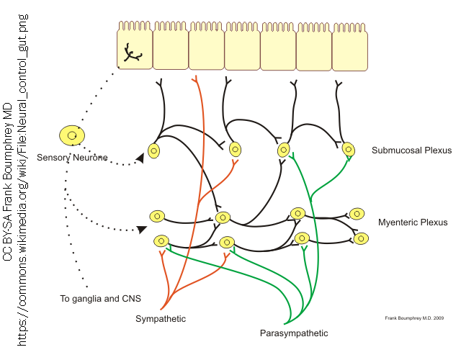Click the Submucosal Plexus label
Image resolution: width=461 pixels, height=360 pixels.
411,150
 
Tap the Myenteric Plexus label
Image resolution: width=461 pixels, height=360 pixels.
413,222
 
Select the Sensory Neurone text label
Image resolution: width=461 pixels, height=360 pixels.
72,157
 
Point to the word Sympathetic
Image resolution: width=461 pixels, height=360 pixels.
161,318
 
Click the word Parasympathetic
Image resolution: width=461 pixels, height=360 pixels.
294,333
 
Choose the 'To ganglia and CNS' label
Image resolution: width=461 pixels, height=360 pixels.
101,298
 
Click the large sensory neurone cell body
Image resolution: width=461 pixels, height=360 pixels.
72,135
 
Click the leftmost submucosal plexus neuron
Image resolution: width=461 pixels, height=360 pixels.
153,150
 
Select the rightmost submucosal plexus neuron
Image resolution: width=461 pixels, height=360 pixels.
349,150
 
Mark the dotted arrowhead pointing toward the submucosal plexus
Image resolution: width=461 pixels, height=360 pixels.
140,158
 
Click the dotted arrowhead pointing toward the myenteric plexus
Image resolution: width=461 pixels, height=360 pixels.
142,229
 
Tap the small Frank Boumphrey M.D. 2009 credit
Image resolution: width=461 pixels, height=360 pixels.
414,317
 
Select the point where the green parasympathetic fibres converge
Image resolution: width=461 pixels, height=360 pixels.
290,322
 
